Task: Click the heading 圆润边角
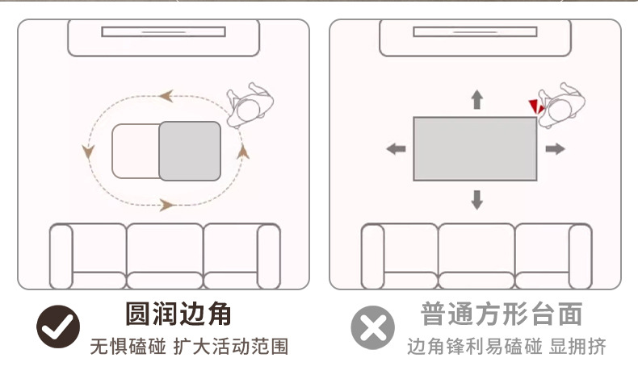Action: coord(178,313)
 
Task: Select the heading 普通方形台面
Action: coord(501,314)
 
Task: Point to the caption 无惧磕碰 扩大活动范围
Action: coord(188,347)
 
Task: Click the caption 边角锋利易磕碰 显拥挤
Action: coord(506,347)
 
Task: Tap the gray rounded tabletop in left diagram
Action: coord(189,151)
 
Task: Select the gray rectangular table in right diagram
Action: coord(475,149)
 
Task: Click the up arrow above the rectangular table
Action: coord(476,99)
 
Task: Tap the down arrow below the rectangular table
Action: coord(476,199)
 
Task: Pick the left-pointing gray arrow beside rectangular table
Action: coord(396,149)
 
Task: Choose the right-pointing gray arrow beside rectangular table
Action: coord(554,149)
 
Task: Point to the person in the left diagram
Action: coord(251,106)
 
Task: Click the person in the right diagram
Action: coord(561,105)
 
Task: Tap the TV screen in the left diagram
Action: coord(163,31)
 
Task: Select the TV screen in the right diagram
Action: coord(475,31)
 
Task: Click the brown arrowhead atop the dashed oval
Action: coord(166,96)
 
